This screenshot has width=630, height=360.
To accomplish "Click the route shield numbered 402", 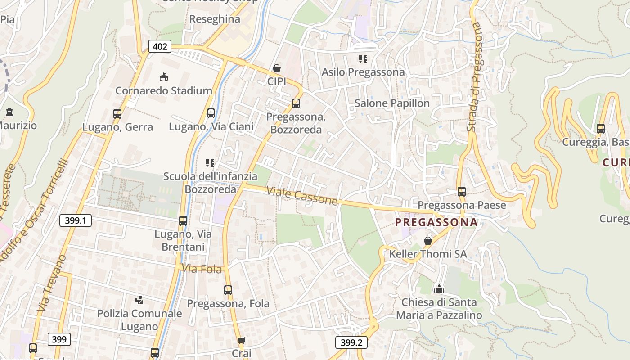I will [160, 46].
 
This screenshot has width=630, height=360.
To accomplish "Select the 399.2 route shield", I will [351, 342].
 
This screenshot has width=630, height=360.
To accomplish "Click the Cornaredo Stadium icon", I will [163, 77].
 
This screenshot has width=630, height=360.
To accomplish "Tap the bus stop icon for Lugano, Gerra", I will [117, 114].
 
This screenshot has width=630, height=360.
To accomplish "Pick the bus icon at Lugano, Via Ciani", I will [211, 113].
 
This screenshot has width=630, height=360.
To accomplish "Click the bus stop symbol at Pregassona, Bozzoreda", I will [296, 103].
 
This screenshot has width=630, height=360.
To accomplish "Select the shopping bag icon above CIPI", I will [277, 68].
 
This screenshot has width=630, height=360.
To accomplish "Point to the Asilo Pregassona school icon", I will [363, 59].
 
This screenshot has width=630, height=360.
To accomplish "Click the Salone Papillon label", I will [392, 103].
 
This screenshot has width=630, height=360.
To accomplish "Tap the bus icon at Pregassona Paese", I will [461, 192].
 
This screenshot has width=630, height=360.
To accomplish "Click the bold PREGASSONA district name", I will [436, 222].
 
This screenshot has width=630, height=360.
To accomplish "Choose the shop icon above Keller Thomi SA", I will [428, 241].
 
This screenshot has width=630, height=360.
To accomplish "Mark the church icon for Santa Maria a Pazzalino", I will [439, 288].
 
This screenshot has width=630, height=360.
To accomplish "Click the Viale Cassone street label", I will [301, 196].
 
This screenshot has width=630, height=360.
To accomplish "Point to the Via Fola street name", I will [202, 269].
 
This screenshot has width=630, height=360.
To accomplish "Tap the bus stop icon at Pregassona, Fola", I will [228, 290].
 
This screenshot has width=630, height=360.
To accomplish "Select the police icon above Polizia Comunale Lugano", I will [139, 300].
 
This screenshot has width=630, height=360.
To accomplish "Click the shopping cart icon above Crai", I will [242, 341].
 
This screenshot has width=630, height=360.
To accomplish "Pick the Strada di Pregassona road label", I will [476, 76].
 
